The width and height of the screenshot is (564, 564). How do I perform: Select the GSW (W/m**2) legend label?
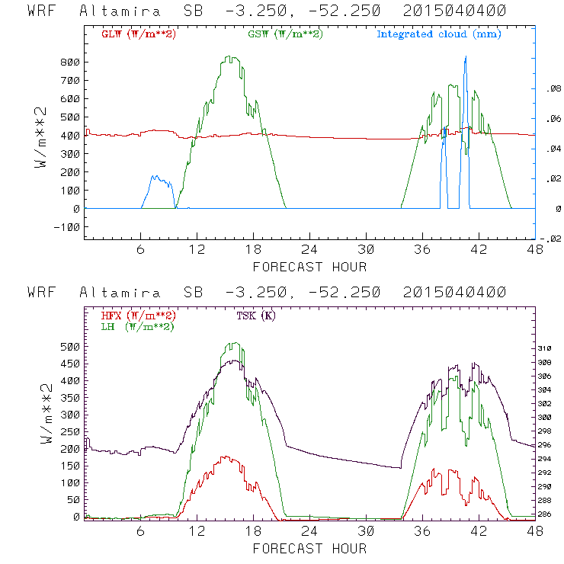coord(284,34)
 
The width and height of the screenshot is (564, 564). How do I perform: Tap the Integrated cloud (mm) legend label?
coord(439,34)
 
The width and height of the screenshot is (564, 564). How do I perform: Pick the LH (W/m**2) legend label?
coord(136,326)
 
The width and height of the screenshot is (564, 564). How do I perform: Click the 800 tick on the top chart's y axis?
coord(69,62)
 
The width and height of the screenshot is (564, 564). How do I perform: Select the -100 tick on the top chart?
coord(66,227)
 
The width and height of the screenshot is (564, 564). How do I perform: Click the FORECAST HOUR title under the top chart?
coord(309,267)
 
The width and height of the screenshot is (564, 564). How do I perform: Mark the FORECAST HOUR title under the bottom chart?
coord(309,549)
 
